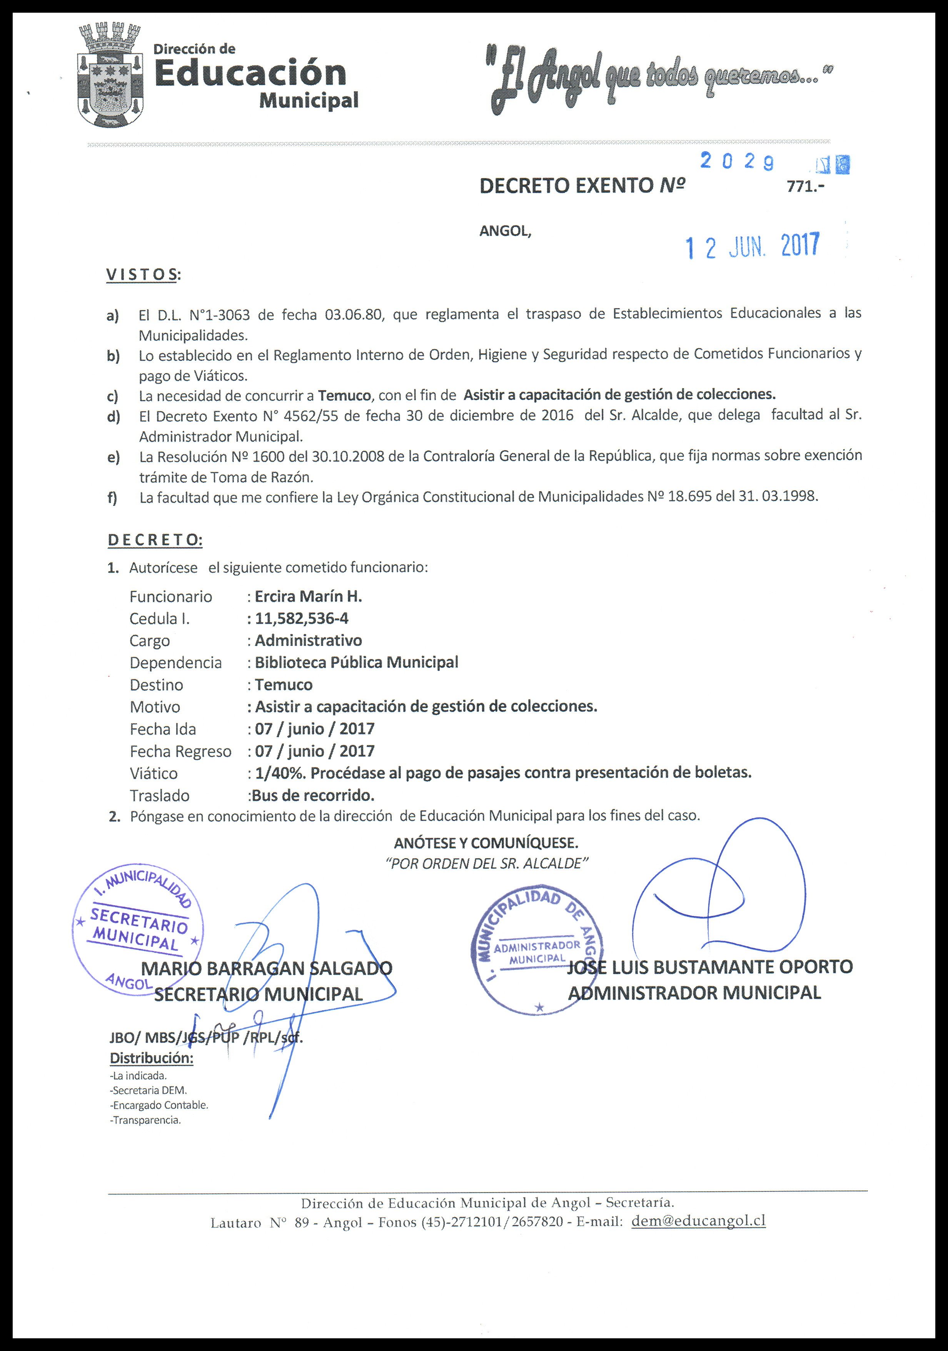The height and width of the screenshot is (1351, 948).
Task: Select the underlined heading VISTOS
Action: coord(142,274)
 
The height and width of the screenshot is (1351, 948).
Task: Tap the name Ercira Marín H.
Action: coord(308,597)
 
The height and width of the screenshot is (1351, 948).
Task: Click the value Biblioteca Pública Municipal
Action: coord(356,662)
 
